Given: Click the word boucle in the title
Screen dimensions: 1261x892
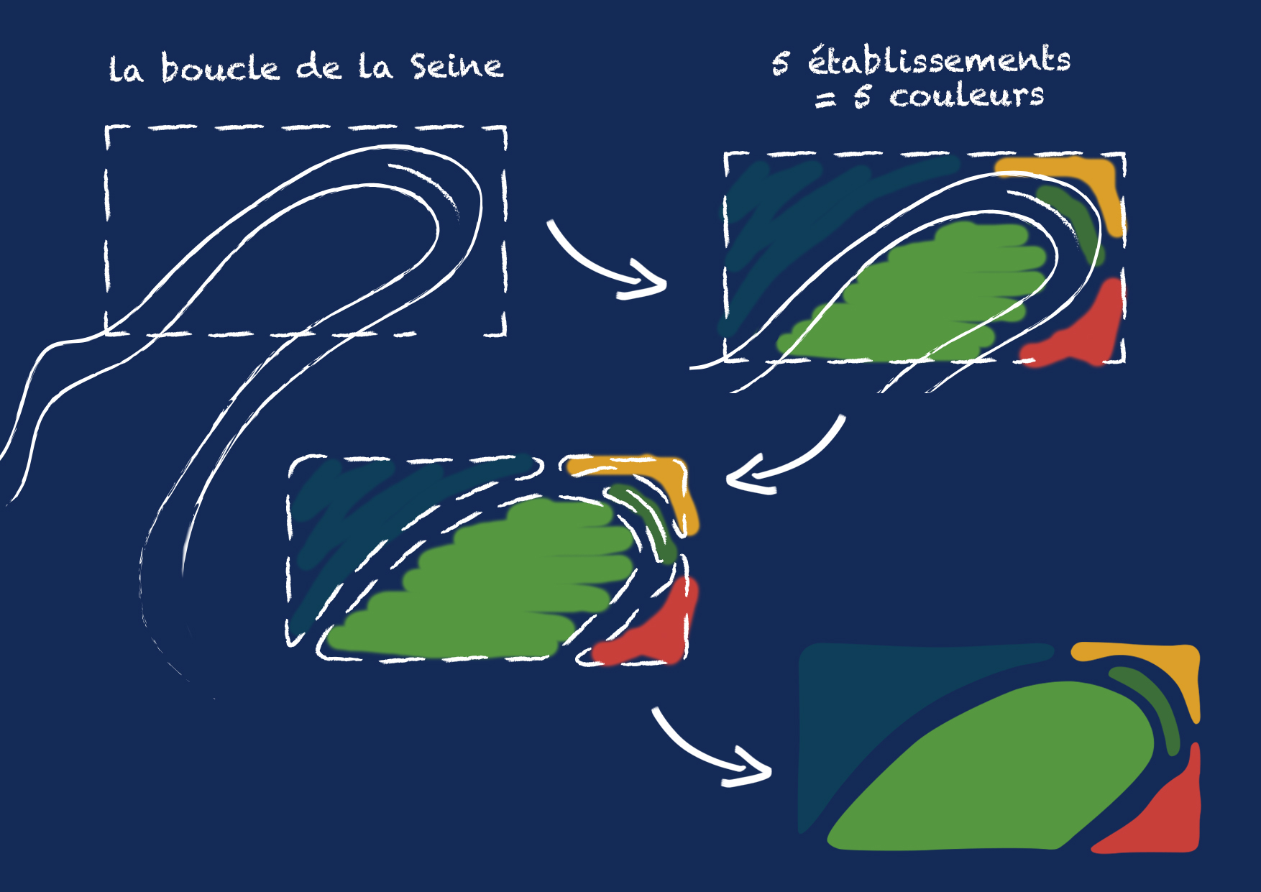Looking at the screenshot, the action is tap(220, 68).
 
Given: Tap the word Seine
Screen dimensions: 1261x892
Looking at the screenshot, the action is tap(457, 66).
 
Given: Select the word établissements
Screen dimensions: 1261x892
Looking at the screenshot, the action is tap(939, 60).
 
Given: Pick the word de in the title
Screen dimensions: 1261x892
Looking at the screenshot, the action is tap(318, 68).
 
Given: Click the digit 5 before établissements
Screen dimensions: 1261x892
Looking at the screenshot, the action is tap(781, 63).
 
